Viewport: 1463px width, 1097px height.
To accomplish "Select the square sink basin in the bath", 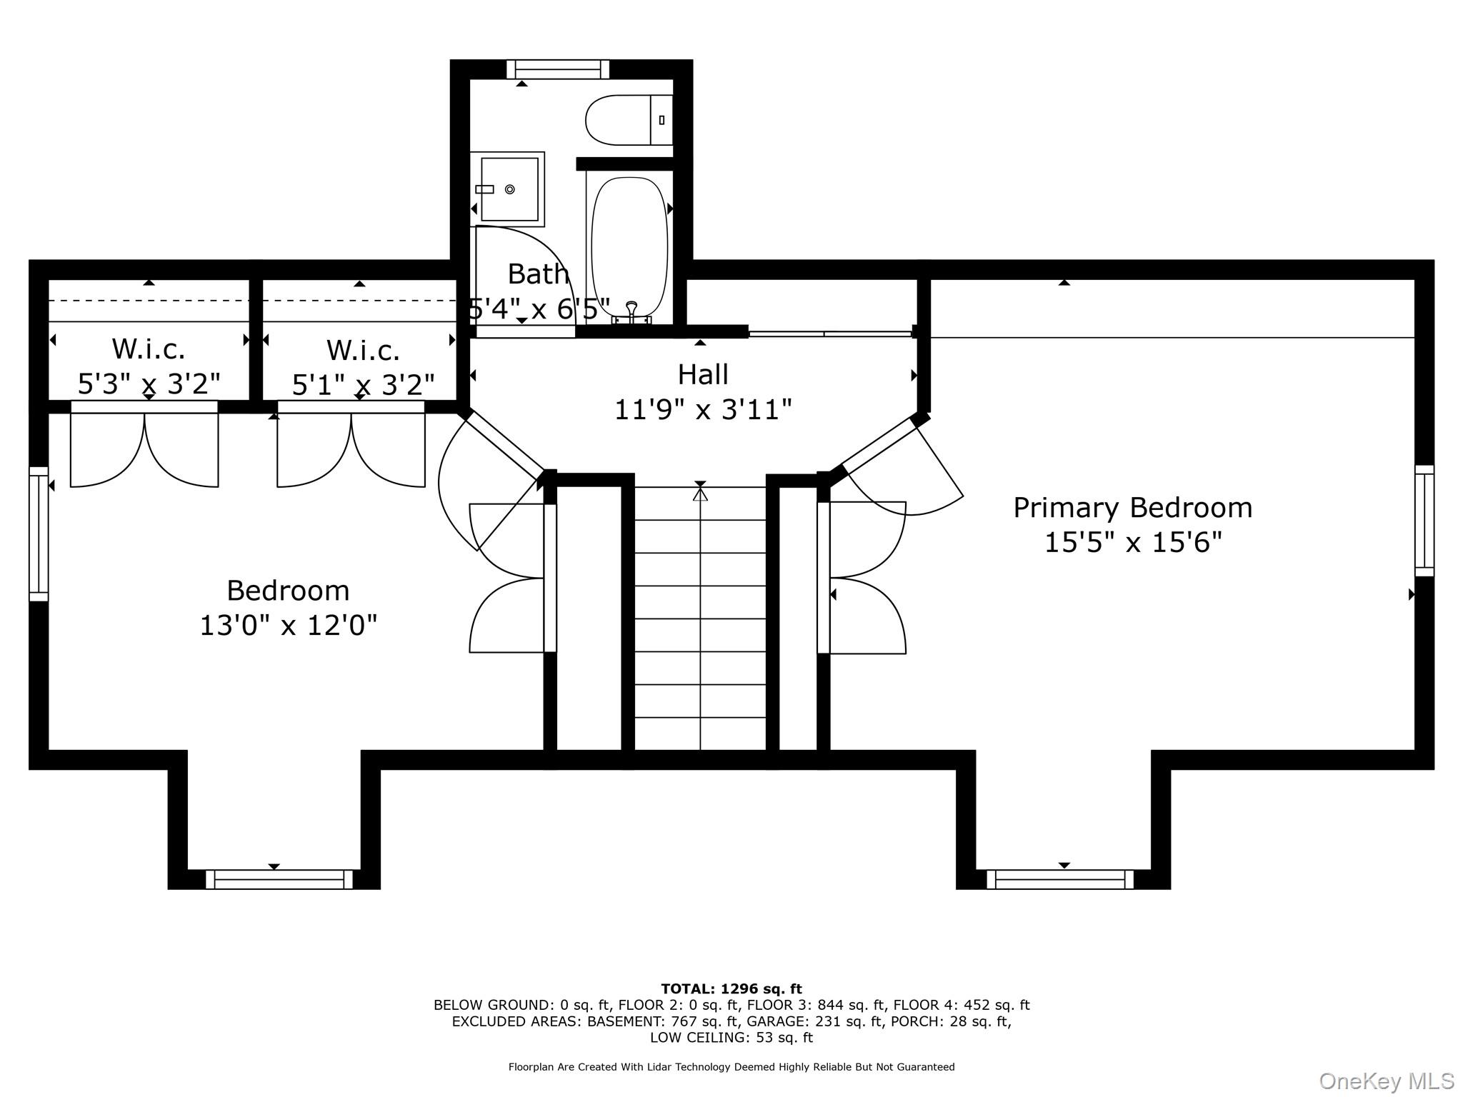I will (x=509, y=189).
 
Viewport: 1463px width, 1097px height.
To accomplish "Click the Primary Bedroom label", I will (x=1132, y=508).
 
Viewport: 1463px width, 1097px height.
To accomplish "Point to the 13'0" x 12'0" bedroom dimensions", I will (x=288, y=626).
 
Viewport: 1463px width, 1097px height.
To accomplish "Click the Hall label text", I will (x=703, y=374).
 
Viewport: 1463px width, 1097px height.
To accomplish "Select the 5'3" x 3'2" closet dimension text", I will (x=149, y=384).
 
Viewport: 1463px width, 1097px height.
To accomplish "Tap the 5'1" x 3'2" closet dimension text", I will (x=363, y=386).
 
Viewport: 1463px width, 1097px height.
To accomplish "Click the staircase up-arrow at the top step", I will (x=700, y=492).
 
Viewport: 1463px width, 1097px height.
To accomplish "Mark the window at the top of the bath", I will (x=558, y=69).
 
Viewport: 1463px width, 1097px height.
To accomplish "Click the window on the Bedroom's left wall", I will (x=39, y=534).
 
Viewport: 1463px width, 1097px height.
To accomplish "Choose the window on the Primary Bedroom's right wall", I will (x=1424, y=521).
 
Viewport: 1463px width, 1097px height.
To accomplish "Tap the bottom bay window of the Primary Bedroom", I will (x=1060, y=879).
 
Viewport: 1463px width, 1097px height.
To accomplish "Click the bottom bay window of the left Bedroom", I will (x=279, y=879).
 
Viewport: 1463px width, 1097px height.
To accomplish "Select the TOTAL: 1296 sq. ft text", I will (x=731, y=989).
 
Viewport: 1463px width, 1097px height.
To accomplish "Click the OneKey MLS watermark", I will (x=1386, y=1081).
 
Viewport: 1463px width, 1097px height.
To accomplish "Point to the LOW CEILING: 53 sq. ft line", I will (x=731, y=1038).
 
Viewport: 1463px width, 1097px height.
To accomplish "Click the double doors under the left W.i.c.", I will (x=144, y=446).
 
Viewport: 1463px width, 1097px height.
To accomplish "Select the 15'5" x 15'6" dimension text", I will (x=1133, y=543).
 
